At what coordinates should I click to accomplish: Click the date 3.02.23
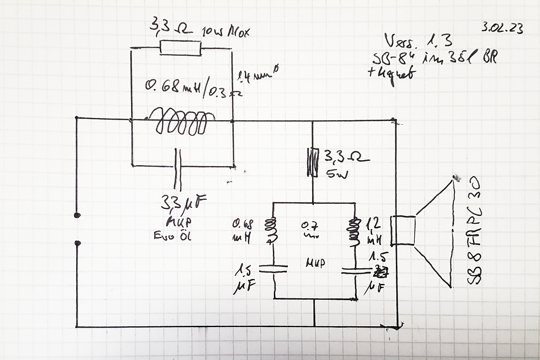click(502, 28)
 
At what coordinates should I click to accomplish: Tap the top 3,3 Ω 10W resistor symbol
click(181, 47)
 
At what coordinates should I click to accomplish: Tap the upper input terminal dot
click(77, 215)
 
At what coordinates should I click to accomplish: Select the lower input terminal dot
click(77, 243)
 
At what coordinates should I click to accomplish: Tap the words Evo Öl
click(172, 236)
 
